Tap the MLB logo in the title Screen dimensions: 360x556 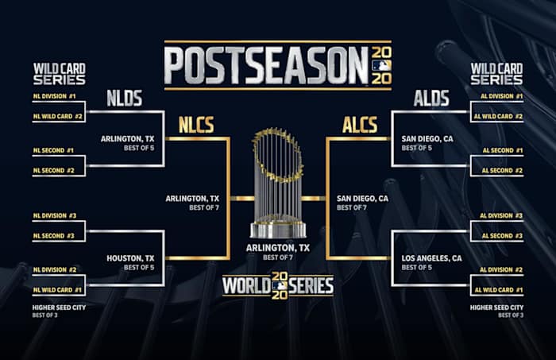tap(381, 65)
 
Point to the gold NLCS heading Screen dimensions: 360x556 tap(196, 125)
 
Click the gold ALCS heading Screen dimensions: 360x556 tap(360, 125)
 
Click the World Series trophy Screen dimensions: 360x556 tap(277, 181)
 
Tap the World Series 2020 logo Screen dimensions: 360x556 tap(277, 285)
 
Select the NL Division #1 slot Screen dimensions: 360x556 tap(55, 97)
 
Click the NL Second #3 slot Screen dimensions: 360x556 tap(55, 236)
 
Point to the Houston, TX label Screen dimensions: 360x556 tap(129, 258)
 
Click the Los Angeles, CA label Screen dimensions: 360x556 tap(433, 258)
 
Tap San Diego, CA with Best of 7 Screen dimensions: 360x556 tap(362, 199)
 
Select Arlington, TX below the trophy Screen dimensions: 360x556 tap(277, 248)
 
